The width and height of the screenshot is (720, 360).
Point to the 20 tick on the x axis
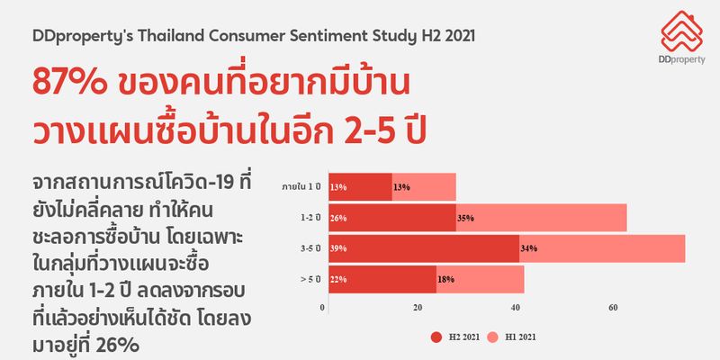(418, 307)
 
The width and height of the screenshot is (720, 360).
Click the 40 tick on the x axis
(513, 307)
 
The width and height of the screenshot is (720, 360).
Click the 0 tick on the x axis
(322, 307)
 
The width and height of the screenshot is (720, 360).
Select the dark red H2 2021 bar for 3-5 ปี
(423, 248)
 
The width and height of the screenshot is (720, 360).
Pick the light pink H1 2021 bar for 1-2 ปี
(540, 218)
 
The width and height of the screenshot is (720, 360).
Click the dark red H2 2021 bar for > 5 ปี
(382, 280)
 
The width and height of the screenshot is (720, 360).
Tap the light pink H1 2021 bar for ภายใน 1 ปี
(424, 187)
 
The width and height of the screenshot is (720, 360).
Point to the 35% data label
(465, 218)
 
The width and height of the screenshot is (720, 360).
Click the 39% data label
(338, 248)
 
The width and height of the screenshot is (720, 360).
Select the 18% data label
(445, 280)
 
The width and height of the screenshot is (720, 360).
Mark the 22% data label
(338, 280)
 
